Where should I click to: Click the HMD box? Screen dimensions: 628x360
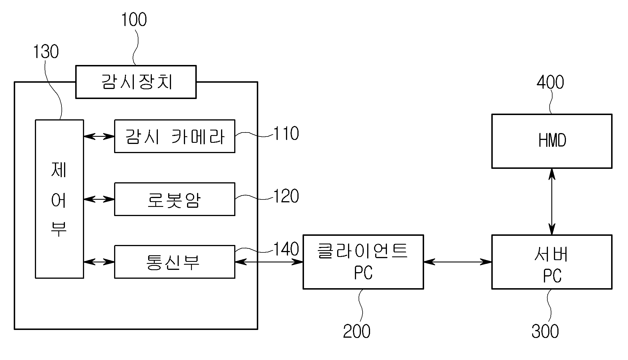[x=552, y=141]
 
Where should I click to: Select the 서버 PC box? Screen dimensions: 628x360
[x=552, y=262]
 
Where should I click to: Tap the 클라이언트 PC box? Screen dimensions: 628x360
[x=363, y=262]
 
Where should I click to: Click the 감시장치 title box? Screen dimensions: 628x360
[x=136, y=82]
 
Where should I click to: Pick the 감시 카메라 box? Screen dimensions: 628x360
[x=174, y=136]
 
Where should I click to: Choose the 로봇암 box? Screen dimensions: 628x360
[x=174, y=199]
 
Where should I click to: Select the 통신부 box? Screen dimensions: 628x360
[x=174, y=262]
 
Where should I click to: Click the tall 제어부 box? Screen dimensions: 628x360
[x=59, y=199]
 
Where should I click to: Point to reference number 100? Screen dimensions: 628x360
[x=134, y=19]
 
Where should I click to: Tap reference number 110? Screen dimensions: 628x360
[x=286, y=133]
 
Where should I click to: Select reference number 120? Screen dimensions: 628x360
[x=286, y=196]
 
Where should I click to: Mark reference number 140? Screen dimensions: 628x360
[x=286, y=249]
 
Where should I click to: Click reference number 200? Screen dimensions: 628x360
[x=357, y=331]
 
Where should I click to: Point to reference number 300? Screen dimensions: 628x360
[x=545, y=331]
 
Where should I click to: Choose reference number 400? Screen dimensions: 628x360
[x=550, y=82]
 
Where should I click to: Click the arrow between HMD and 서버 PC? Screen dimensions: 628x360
[x=552, y=202]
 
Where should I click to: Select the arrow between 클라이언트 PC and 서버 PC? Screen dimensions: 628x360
[x=458, y=262]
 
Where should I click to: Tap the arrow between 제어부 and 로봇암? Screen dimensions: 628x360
[x=99, y=199]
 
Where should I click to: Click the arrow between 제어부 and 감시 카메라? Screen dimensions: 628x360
[x=99, y=136]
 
